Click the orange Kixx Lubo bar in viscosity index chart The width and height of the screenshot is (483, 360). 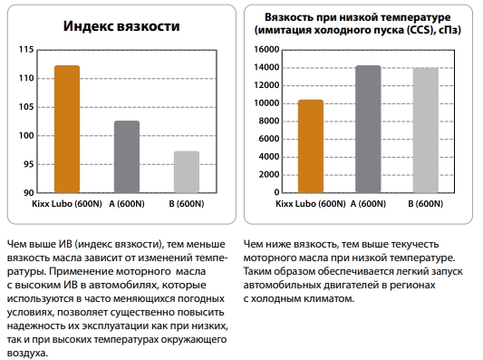point(67,129)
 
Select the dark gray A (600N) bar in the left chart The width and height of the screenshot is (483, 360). point(127,157)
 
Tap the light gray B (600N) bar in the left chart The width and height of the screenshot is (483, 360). point(187,172)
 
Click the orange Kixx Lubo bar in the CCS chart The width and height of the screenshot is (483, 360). point(311,146)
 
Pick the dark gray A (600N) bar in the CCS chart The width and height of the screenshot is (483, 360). point(368,129)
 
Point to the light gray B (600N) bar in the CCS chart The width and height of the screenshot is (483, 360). point(425,131)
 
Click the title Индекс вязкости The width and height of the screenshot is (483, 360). point(121,26)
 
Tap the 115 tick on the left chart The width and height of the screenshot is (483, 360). point(26,49)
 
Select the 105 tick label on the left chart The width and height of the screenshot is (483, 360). point(26,107)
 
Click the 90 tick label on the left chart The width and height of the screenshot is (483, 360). point(28,193)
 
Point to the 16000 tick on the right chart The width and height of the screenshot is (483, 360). point(266,49)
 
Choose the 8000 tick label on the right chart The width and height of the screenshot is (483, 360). point(268,121)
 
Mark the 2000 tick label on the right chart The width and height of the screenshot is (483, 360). point(268,174)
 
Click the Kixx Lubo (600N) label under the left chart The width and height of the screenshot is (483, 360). point(67,204)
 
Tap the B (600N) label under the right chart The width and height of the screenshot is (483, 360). point(425,204)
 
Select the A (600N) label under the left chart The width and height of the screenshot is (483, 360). point(127,204)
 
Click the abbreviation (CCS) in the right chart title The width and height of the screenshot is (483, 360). point(420,30)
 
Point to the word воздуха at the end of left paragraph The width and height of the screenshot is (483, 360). point(27,353)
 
